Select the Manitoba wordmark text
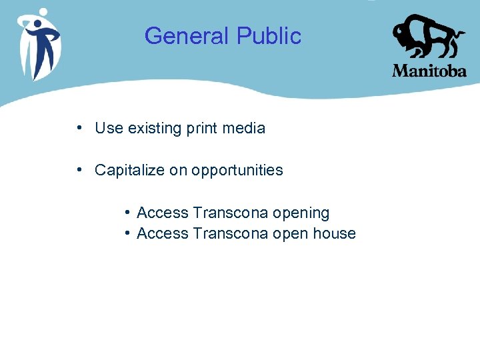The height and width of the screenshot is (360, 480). pyautogui.click(x=429, y=71)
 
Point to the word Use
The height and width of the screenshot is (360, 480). pyautogui.click(x=109, y=128)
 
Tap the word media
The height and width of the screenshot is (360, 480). pyautogui.click(x=245, y=128)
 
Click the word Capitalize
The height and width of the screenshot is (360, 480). pyautogui.click(x=130, y=170)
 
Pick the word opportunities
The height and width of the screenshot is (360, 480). pyautogui.click(x=237, y=171)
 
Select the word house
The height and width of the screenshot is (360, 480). pyautogui.click(x=335, y=233)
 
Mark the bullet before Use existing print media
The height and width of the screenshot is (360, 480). pyautogui.click(x=79, y=127)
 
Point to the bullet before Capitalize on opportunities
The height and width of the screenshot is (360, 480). pyautogui.click(x=79, y=169)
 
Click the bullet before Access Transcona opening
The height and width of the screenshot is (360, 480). pyautogui.click(x=127, y=213)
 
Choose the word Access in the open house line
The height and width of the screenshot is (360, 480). pyautogui.click(x=163, y=233)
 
